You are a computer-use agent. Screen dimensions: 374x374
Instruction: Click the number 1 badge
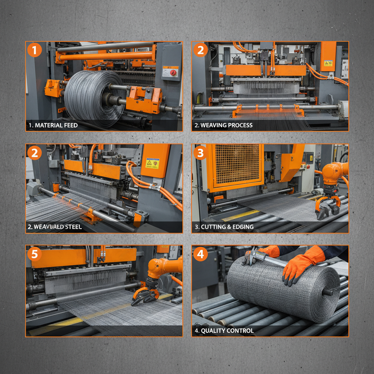click(35, 50)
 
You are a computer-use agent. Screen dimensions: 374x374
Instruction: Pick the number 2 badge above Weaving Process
click(201, 50)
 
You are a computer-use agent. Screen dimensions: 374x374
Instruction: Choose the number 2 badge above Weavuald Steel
click(35, 152)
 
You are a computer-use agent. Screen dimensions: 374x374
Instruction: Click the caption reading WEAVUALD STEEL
click(55, 227)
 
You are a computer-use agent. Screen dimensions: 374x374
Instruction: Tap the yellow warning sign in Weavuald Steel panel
click(152, 163)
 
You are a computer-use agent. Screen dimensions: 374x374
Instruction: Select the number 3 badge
click(201, 152)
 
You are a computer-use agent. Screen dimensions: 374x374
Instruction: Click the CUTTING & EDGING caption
click(224, 227)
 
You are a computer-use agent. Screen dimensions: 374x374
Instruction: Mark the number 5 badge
click(35, 253)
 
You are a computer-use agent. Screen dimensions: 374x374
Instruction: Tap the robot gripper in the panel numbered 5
click(145, 295)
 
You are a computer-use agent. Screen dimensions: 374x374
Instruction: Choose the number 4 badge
click(201, 253)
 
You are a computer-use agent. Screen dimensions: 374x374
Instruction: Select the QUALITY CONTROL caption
click(224, 331)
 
